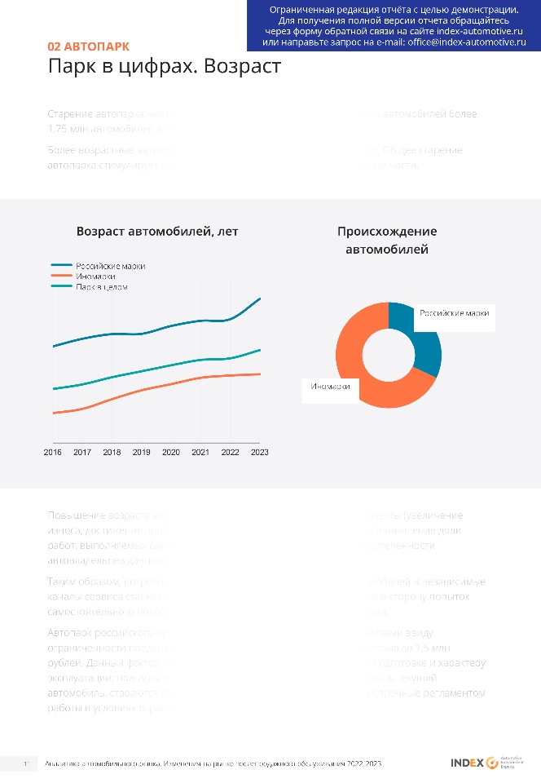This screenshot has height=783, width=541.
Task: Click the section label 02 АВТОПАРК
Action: point(88,46)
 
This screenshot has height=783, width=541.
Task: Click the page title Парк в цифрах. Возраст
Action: point(164,66)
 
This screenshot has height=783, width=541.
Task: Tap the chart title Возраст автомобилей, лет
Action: point(157,232)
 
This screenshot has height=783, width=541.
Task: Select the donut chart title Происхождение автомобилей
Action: point(387,241)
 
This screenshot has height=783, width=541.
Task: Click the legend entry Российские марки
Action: point(111,266)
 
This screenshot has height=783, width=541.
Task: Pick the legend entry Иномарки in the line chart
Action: point(95,276)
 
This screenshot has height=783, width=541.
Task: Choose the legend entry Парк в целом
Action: point(102,287)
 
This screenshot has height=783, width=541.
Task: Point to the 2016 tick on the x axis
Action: point(53,452)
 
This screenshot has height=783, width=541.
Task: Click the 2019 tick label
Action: point(142,452)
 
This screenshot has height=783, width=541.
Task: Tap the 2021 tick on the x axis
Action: point(200,452)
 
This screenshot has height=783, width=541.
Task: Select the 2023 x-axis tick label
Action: point(259,452)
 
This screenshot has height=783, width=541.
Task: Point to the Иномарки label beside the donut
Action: point(331,387)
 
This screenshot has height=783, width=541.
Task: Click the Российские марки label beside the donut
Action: point(454,313)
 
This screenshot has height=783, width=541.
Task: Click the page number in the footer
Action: point(26,763)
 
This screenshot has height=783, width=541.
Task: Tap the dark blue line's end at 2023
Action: point(260,299)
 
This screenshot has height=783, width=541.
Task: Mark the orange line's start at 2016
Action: point(53,414)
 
